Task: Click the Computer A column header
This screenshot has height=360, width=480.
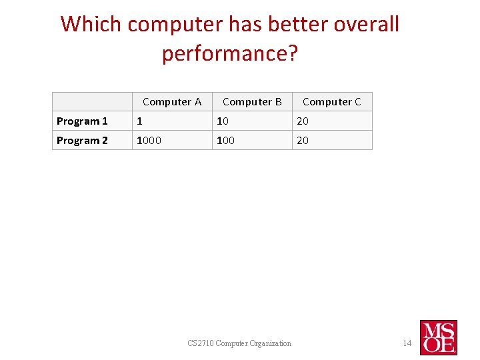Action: (x=171, y=102)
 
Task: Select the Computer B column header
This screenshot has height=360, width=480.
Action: (x=252, y=102)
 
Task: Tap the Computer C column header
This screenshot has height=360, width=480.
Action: (x=331, y=102)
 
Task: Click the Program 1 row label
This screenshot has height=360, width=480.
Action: (x=82, y=121)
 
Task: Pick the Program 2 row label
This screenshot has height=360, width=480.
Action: (x=82, y=141)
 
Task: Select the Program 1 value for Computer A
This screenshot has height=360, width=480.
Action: (x=139, y=121)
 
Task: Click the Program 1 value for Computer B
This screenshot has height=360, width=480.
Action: (x=222, y=121)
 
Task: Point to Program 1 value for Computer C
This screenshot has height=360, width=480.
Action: (x=303, y=121)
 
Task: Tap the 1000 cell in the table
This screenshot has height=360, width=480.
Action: (x=149, y=141)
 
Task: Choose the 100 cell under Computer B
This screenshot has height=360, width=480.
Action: (x=226, y=141)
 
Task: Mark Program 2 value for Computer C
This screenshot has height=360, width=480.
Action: (x=303, y=141)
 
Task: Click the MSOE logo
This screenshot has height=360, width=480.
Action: (x=438, y=337)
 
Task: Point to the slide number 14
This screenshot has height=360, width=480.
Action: (x=407, y=343)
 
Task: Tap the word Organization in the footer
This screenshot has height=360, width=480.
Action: (x=271, y=343)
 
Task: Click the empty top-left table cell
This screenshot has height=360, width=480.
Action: (x=92, y=102)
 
